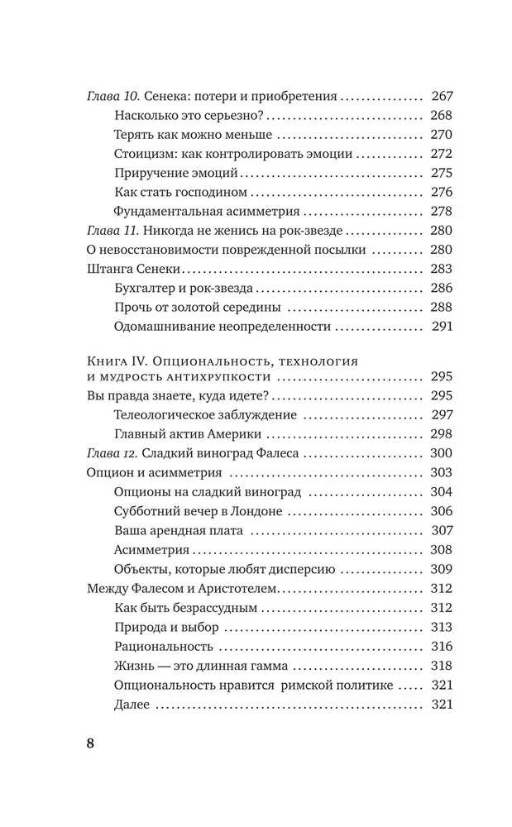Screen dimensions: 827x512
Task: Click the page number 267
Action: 438,96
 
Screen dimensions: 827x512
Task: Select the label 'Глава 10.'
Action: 112,96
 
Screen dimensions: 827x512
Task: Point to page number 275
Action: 438,173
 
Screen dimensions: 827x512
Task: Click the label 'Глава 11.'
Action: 112,230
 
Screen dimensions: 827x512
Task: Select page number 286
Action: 438,288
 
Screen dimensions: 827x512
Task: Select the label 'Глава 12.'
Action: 112,453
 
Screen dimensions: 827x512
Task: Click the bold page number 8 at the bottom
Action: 91,741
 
